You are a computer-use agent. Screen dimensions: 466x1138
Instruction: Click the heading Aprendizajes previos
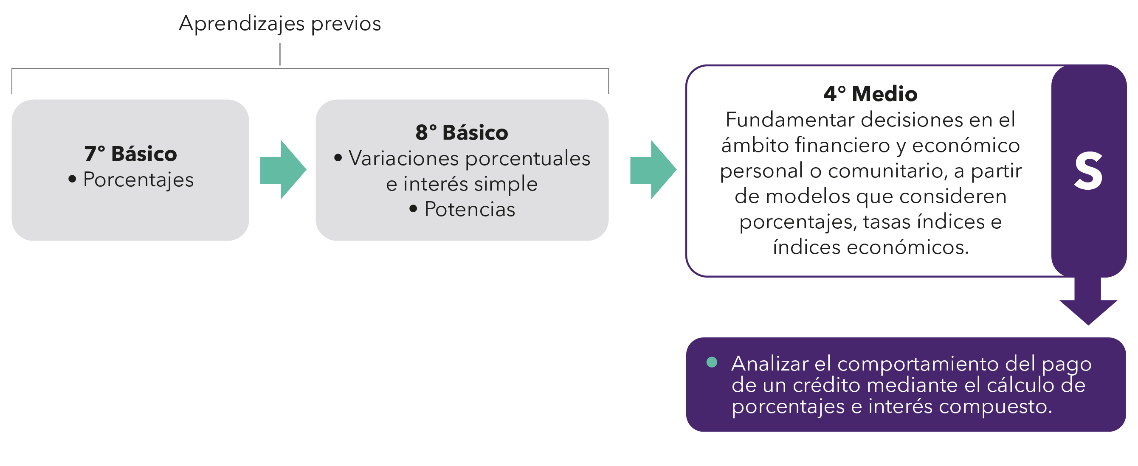click(280, 23)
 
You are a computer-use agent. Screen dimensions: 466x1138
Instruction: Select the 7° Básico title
click(130, 154)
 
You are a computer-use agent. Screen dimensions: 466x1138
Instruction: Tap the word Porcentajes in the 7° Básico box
click(138, 180)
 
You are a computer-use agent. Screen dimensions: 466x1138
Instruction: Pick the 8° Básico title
click(462, 132)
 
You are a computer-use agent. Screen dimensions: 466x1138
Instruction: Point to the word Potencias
click(470, 209)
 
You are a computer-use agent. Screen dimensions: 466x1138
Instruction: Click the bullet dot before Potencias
click(413, 208)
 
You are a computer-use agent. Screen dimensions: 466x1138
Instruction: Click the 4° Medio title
click(870, 94)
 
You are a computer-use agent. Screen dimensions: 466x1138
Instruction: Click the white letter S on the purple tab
click(1088, 171)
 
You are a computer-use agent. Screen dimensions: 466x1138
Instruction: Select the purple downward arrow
click(1088, 305)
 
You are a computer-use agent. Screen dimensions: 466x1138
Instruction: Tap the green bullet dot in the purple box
click(712, 362)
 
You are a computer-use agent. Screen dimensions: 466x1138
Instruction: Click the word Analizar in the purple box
click(769, 364)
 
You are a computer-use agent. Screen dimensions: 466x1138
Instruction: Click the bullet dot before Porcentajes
click(73, 179)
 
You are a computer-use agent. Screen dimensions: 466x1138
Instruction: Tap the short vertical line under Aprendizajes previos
click(280, 54)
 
